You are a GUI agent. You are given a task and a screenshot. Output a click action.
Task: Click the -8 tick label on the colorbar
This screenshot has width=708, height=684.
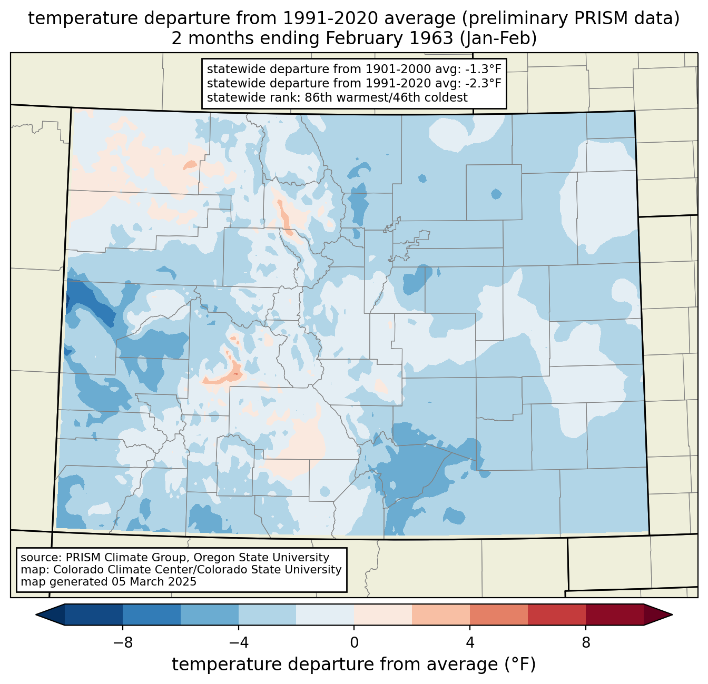tap(122, 642)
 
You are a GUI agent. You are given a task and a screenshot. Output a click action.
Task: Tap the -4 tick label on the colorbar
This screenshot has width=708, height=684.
tap(238, 642)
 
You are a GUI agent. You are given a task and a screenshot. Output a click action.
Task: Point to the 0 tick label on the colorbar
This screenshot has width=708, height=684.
tap(354, 642)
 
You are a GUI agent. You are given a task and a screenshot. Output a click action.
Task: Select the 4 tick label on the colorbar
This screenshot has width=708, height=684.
tap(470, 642)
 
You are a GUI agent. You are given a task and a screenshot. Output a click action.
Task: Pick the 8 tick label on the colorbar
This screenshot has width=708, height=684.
tap(586, 642)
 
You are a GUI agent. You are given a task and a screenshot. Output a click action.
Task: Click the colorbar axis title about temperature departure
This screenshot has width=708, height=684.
tap(354, 665)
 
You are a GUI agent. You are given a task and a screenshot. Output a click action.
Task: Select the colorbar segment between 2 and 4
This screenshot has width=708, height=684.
tap(441, 614)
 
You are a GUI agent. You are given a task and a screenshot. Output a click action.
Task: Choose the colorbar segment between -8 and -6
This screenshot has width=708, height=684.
tap(152, 614)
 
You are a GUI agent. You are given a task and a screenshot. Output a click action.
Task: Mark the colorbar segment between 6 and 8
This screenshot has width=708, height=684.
tap(557, 614)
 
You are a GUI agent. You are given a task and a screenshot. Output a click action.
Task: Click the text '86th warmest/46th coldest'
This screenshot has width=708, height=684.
tap(386, 97)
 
